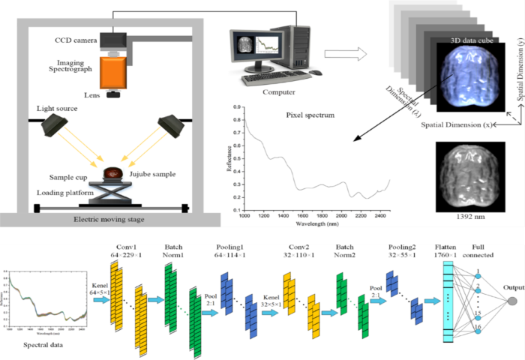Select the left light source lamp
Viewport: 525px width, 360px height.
(54, 122)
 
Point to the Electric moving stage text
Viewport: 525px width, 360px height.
(111, 219)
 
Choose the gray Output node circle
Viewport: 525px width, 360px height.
(512, 301)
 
